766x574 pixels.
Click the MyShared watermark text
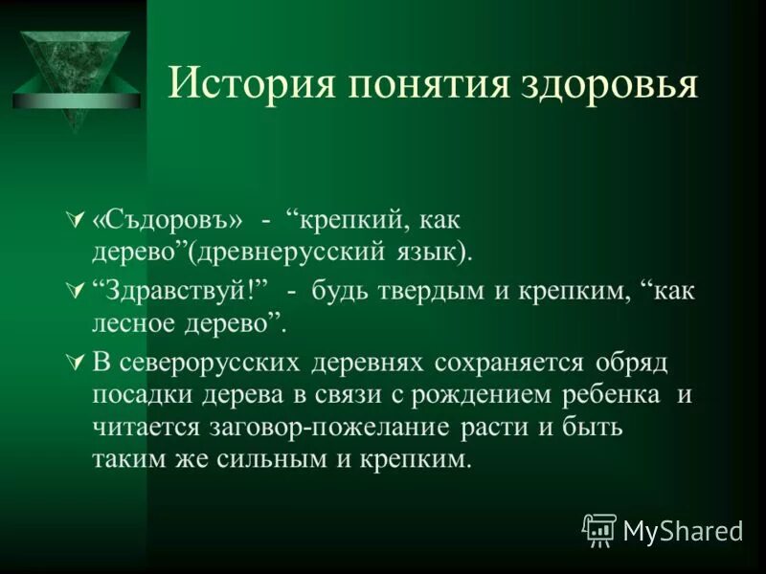[682, 528]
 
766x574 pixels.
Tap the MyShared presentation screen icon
[599, 528]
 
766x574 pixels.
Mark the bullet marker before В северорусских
[79, 364]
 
